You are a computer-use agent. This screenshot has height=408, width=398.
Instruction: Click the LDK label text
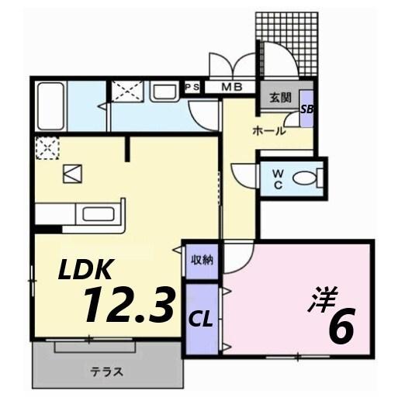88,270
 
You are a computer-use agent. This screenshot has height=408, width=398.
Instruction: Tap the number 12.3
128,305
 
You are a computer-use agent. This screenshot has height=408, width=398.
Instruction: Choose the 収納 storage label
202,261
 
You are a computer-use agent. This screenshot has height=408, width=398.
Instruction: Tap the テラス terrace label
107,370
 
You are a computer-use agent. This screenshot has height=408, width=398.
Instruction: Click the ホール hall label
268,130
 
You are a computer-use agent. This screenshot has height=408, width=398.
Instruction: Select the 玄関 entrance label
279,99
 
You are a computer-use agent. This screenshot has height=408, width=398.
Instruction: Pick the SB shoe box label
307,110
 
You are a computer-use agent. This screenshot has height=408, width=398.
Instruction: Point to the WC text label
277,179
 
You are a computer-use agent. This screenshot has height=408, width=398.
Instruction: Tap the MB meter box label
231,88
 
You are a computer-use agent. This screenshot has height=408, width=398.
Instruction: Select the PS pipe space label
191,88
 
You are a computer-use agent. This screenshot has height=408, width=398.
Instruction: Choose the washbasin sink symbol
164,93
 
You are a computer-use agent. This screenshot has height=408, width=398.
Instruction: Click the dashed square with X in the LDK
46,147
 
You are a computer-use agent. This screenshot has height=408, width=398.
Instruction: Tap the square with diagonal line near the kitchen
72,174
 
